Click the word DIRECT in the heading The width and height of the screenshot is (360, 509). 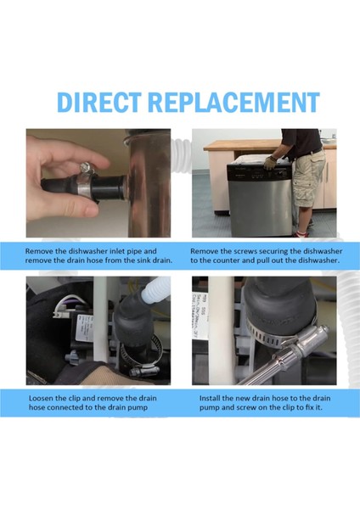coord(99,102)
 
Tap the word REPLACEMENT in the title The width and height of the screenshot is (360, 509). coord(234,102)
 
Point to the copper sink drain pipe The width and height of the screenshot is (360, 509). coord(149,183)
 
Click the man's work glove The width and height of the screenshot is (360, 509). coord(270,162)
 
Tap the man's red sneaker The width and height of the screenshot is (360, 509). coord(301,234)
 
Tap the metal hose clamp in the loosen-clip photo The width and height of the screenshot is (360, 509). coord(143,357)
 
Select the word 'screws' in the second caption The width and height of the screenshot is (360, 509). coord(246,251)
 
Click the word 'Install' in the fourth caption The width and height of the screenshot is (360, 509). coord(210,398)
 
